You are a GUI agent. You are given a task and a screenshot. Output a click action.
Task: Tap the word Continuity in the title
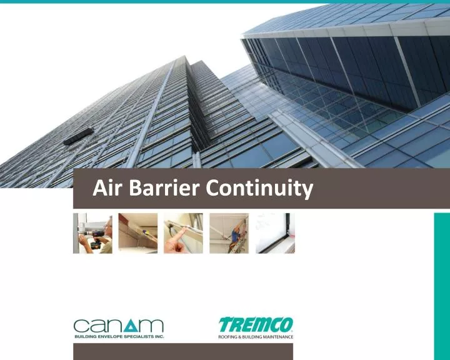tap(257, 188)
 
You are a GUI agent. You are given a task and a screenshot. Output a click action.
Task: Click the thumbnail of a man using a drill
tap(92, 233)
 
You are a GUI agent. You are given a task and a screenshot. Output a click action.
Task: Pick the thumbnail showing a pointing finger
tap(184, 233)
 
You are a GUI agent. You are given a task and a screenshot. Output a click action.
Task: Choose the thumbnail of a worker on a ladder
tap(229, 233)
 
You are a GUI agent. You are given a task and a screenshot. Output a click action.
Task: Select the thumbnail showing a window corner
tap(274, 233)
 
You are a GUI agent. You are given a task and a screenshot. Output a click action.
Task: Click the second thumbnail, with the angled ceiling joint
tap(138, 233)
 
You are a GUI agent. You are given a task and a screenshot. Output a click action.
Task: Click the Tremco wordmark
tap(255, 325)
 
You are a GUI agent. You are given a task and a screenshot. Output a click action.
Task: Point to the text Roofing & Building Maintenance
tap(255, 337)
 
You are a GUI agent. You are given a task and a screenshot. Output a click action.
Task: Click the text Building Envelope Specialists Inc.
tap(119, 337)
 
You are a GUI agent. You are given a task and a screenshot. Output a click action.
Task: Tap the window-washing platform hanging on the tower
tap(78, 136)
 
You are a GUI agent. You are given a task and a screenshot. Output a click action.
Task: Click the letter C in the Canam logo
tap(82, 326)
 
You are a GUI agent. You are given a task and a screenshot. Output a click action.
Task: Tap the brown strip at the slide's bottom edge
tap(183, 352)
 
